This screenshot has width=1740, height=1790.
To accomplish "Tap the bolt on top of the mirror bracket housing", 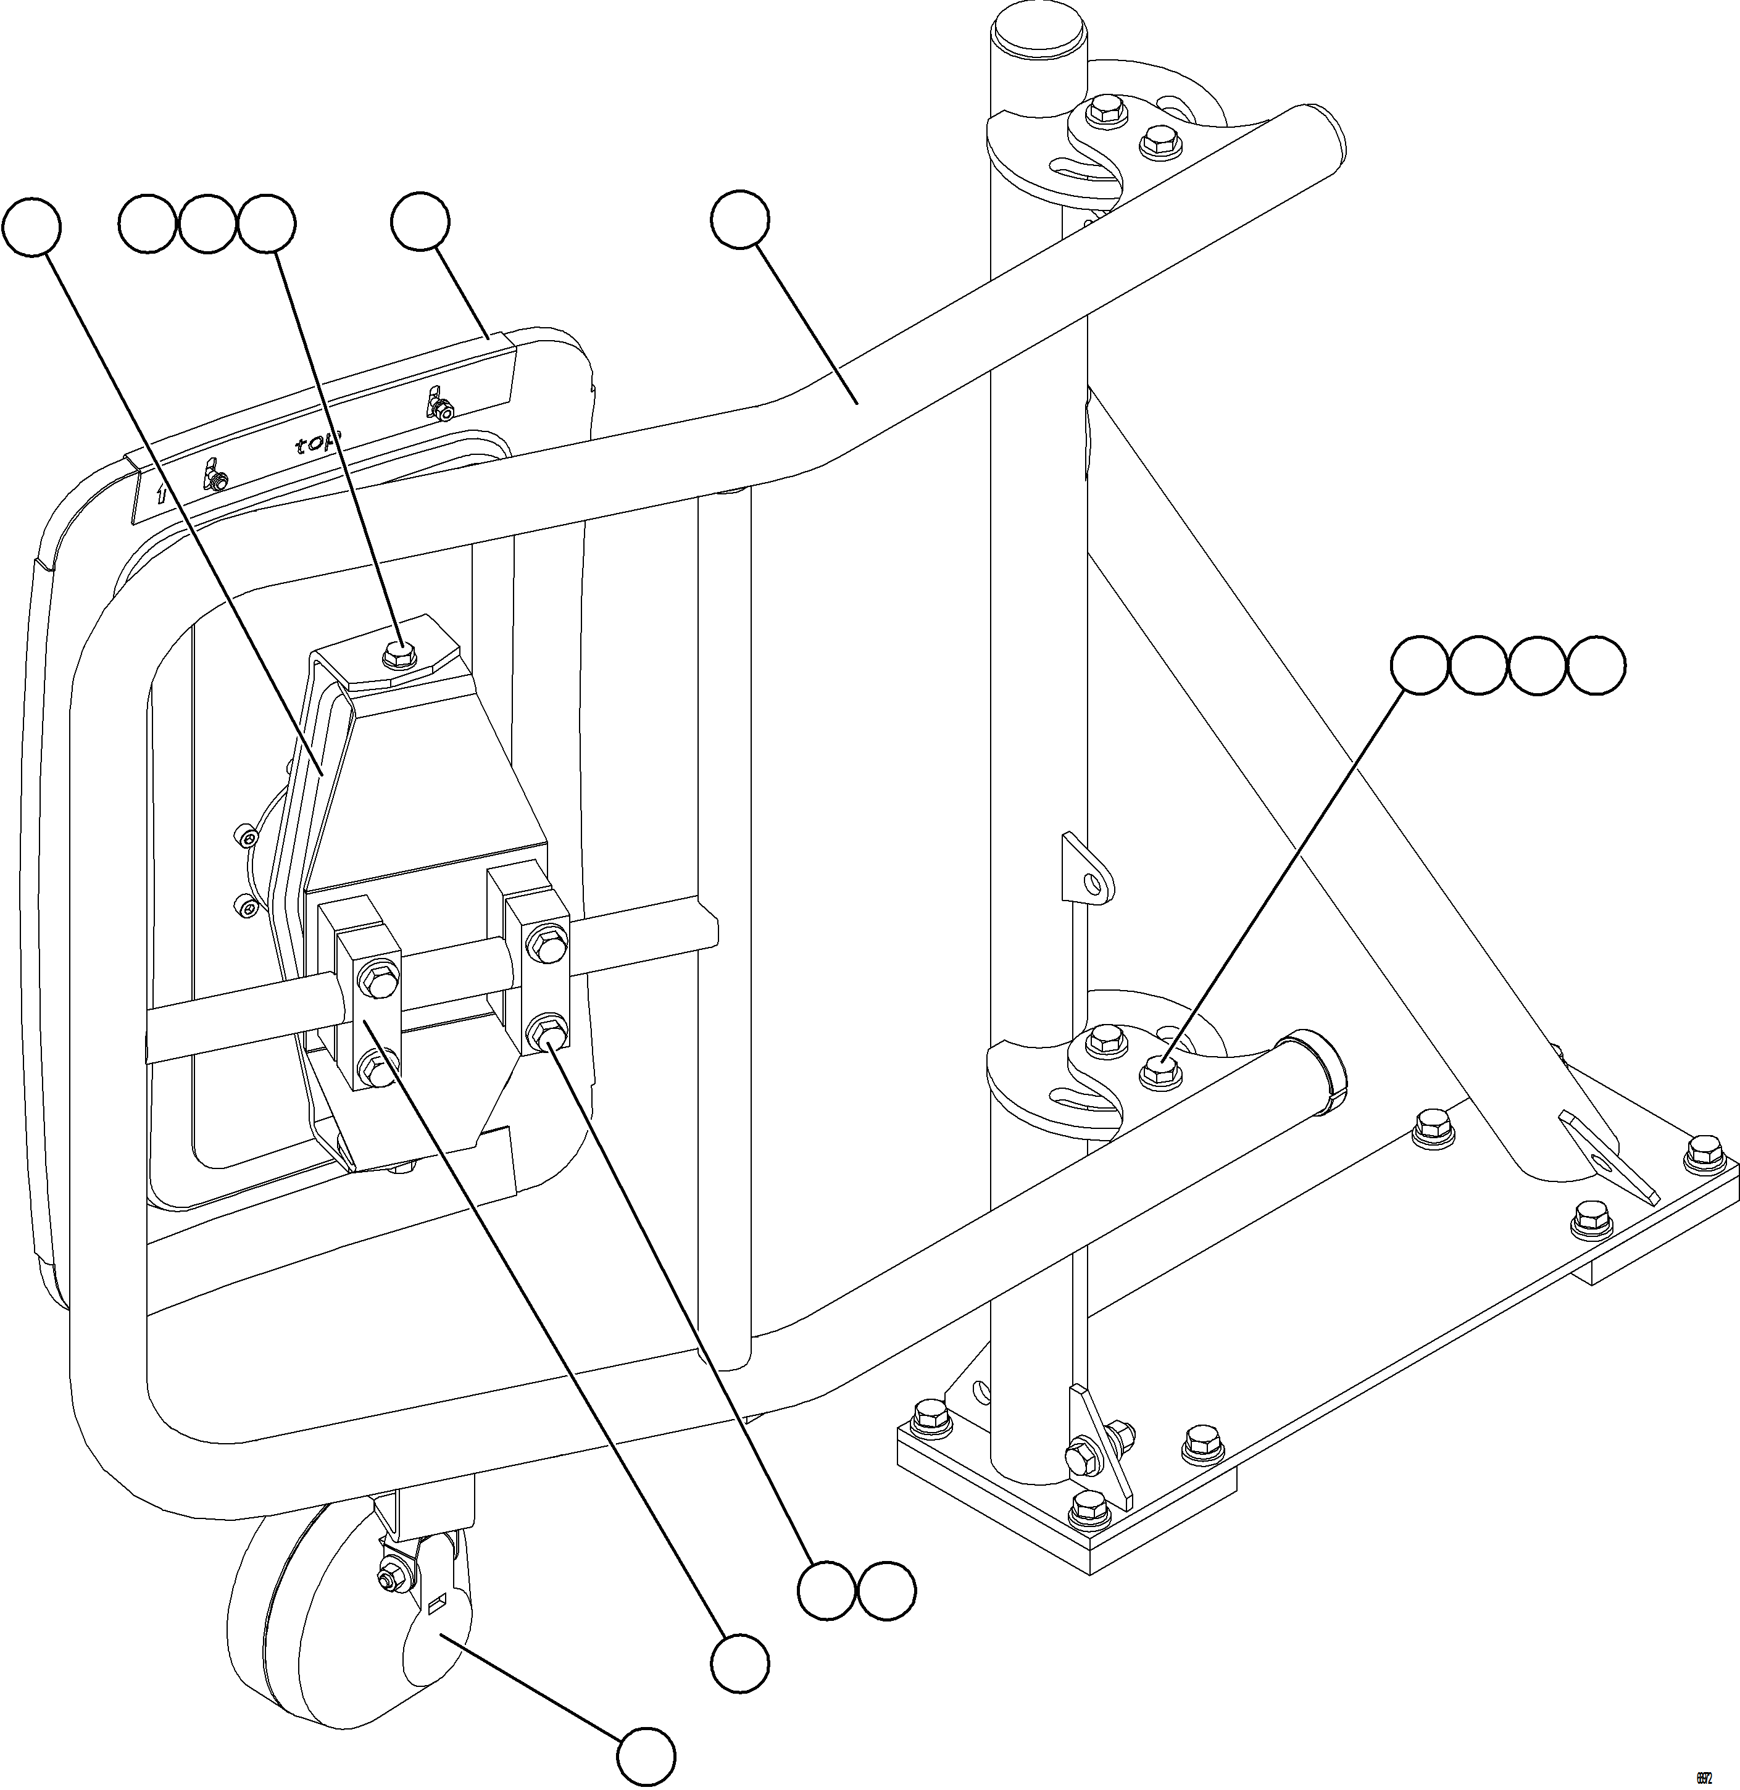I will pos(398,651).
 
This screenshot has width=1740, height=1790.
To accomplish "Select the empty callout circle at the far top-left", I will pos(32,225).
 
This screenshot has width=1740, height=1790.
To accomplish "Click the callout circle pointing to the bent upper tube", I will pos(740,219).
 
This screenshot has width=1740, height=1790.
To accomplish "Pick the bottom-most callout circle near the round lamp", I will pos(646,1755).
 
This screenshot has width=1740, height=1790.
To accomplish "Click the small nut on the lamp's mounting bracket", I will pos(388,1578).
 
